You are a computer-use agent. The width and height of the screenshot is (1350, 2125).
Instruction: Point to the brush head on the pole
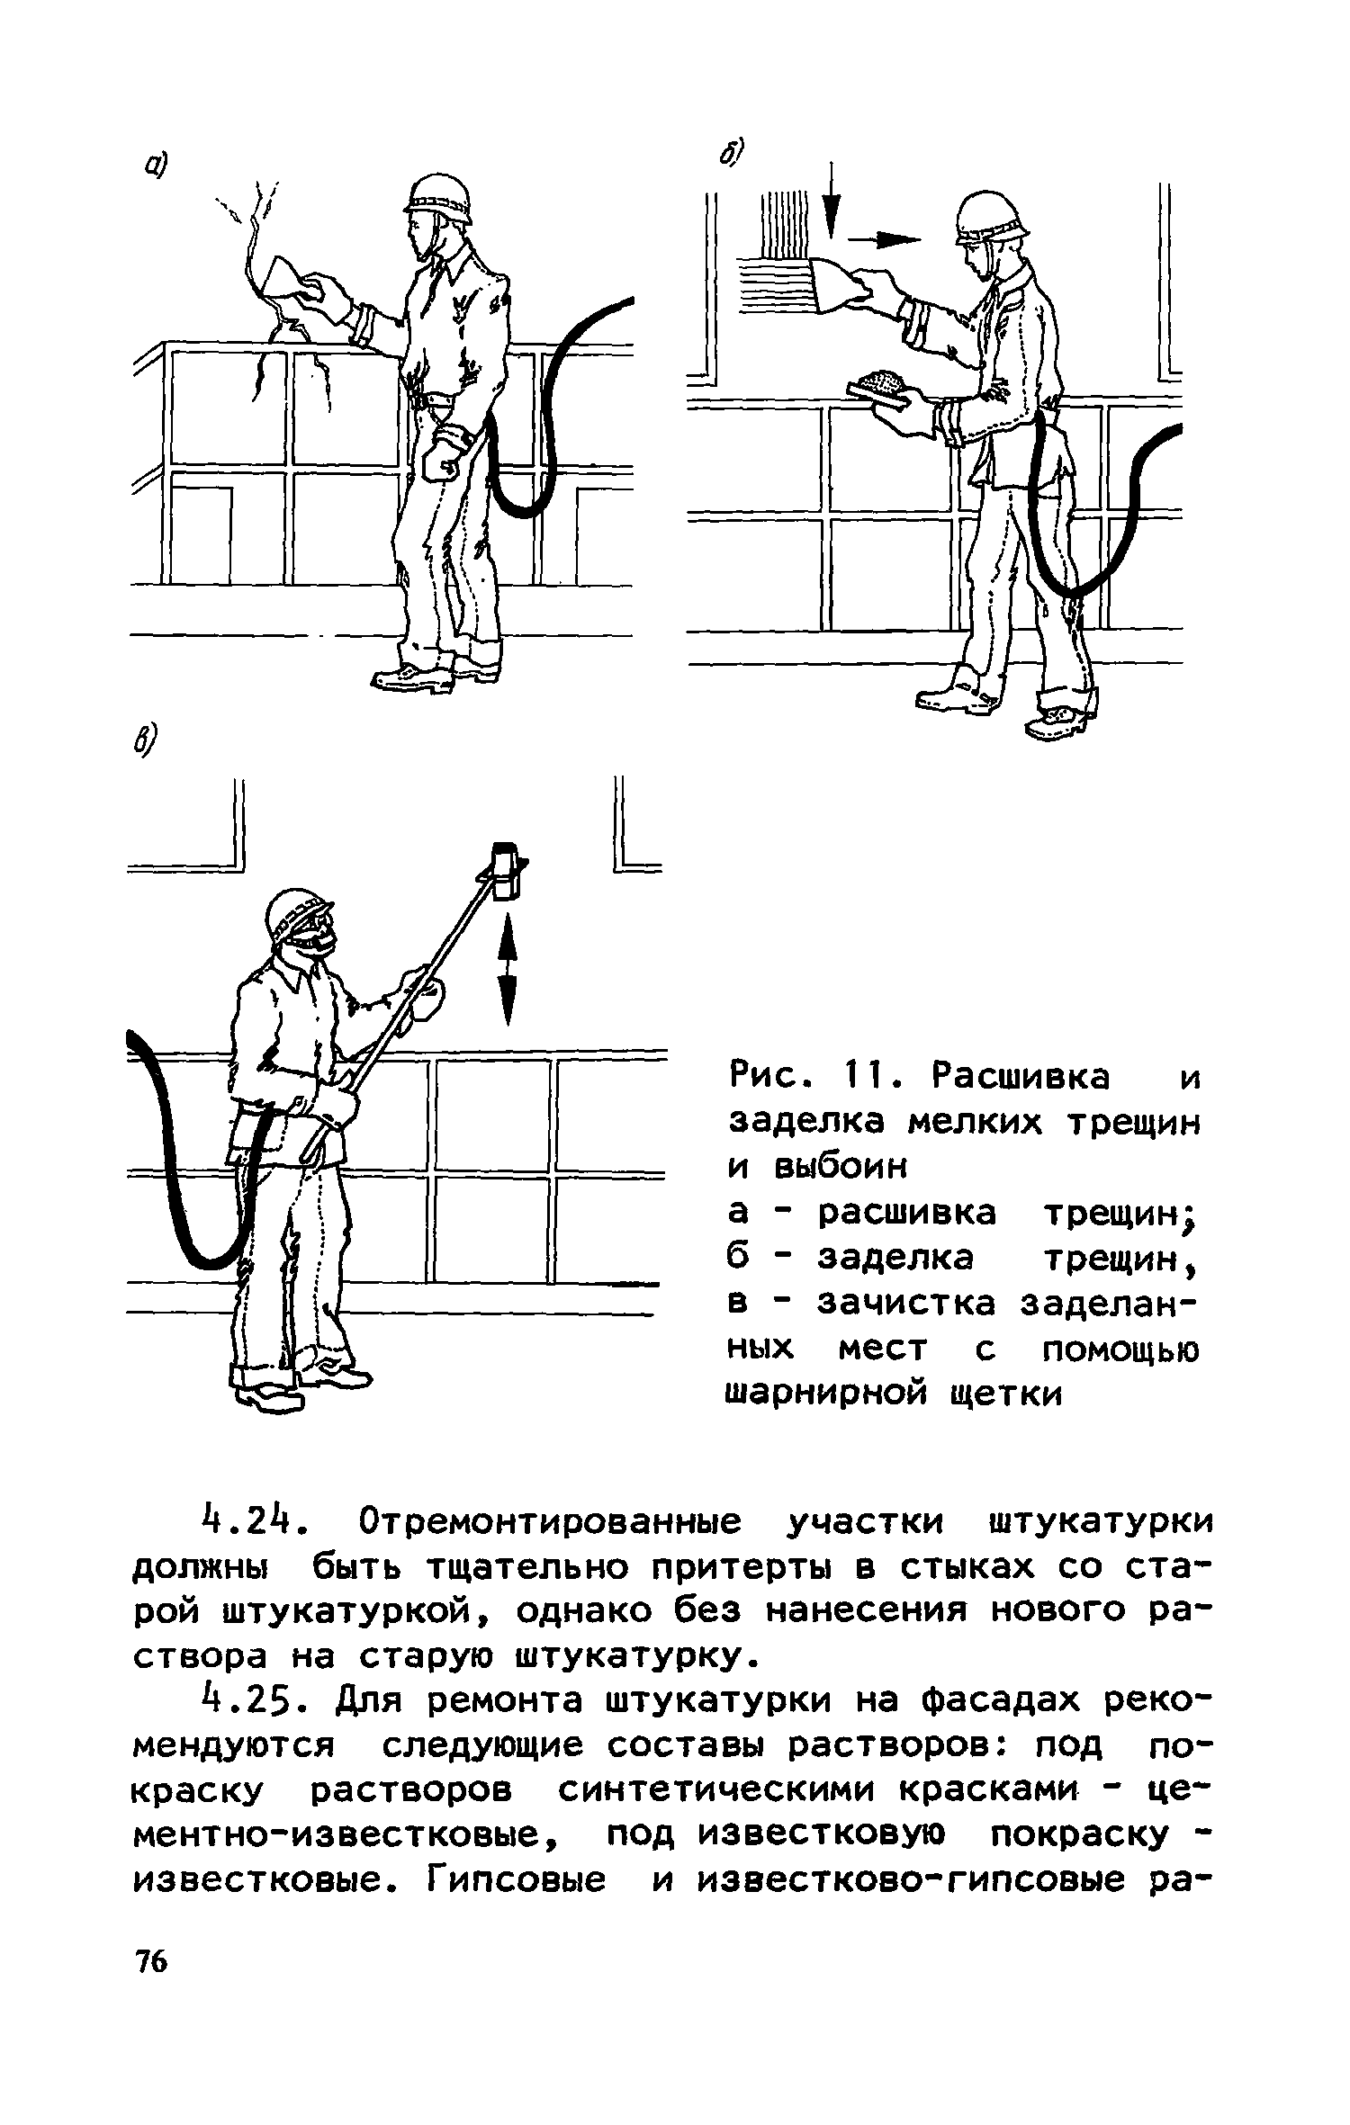pyautogui.click(x=506, y=869)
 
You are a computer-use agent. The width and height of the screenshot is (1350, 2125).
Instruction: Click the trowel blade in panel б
pyautogui.click(x=833, y=285)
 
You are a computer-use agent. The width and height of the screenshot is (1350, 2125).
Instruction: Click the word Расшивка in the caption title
pyautogui.click(x=1021, y=1076)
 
